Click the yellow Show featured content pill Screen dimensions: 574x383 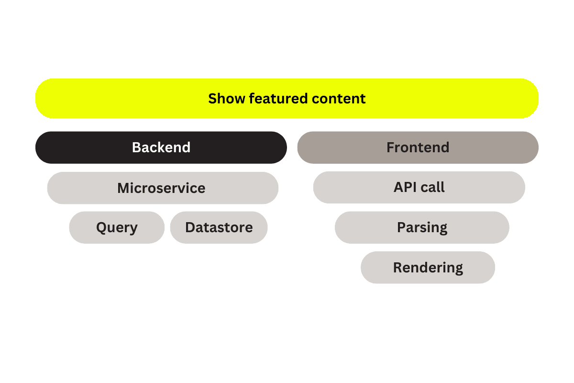coord(287,99)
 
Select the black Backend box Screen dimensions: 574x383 coord(161,147)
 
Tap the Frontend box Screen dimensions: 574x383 coord(418,147)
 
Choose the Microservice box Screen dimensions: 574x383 coord(163,188)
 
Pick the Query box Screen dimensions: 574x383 coord(117,227)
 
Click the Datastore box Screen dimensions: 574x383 coord(219,227)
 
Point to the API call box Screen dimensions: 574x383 coord(419,187)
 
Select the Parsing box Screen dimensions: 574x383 coord(422,227)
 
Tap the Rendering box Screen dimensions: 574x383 coord(428,268)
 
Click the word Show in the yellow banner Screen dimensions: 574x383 coord(227,99)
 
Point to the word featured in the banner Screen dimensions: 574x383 coord(278,99)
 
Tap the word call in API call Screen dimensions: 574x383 coord(432,187)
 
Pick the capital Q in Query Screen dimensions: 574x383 coord(102,227)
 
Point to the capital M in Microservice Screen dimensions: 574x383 coord(124,188)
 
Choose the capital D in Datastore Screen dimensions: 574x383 coord(191,227)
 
